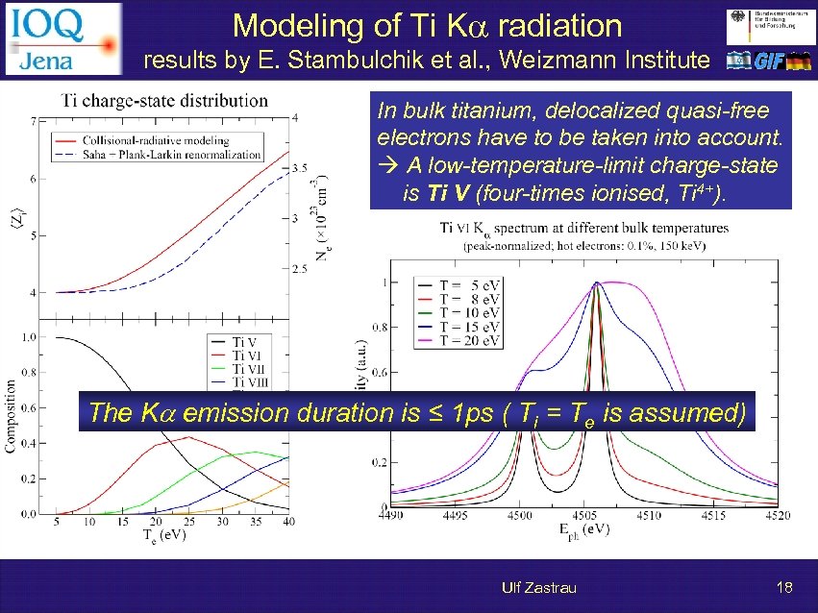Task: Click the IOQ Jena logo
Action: coord(63,38)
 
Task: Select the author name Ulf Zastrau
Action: coord(538,587)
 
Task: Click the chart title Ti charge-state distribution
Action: coord(164,100)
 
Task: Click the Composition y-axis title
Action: coord(12,418)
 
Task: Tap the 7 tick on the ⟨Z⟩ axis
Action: coord(35,122)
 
